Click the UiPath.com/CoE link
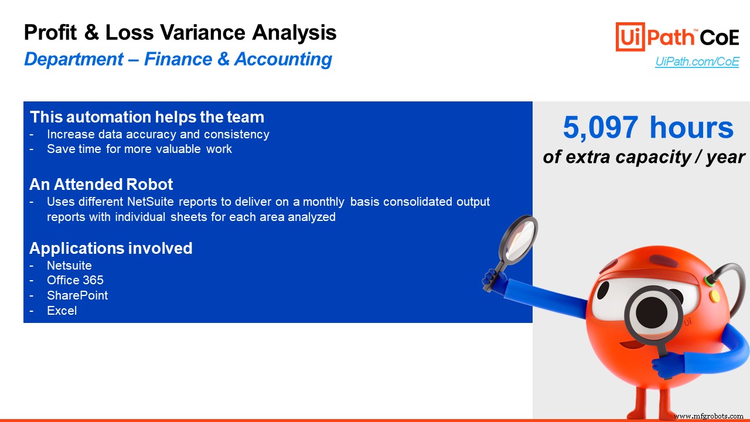[x=697, y=62]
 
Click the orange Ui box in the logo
[x=630, y=37]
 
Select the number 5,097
[x=601, y=128]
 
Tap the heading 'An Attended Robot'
[x=101, y=184]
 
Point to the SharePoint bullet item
[x=77, y=295]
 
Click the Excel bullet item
[x=62, y=311]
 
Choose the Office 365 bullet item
[x=76, y=280]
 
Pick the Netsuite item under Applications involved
[x=69, y=266]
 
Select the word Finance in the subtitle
[x=178, y=59]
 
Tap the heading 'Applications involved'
[x=111, y=248]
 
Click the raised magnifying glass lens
[x=519, y=239]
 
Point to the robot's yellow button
[x=714, y=296]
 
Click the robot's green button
[x=708, y=281]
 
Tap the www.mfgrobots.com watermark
[x=708, y=416]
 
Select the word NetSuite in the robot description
[x=151, y=202]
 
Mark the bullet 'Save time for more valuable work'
[x=139, y=149]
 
